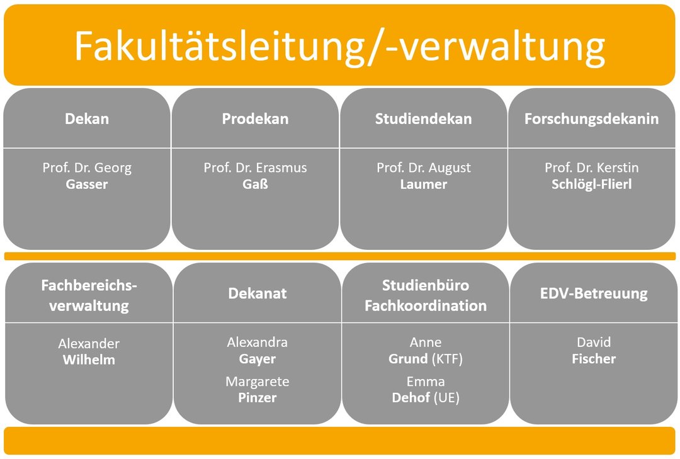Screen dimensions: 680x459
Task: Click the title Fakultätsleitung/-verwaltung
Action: pos(339,47)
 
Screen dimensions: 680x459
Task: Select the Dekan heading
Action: pos(87,118)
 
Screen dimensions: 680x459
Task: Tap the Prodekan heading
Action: pos(255,118)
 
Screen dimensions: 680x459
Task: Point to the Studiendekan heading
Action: pos(423,118)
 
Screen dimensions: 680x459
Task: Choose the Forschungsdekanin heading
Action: pos(591,119)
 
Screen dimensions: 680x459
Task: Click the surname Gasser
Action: pos(87,184)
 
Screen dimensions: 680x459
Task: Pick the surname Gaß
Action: pos(255,184)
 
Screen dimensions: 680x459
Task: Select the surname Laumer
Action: pos(423,184)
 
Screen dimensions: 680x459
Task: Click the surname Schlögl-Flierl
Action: pos(591,184)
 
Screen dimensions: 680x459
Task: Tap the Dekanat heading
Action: pos(257,293)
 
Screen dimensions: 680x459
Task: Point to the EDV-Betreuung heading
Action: pos(594,293)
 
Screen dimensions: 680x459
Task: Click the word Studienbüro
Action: pos(426,285)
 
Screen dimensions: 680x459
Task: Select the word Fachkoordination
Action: pos(426,305)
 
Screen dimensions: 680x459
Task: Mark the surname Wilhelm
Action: pos(89,360)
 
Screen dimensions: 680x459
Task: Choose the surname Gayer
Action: pos(257,360)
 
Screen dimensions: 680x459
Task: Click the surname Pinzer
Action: pos(257,397)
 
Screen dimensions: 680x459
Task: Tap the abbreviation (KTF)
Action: pos(447,359)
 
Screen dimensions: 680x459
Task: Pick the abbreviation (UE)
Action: pos(446,397)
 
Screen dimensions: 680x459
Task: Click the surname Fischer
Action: pos(594,359)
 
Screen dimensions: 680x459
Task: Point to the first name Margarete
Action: pos(257,382)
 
